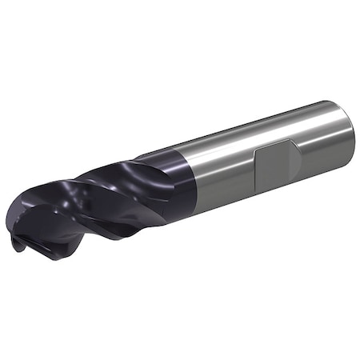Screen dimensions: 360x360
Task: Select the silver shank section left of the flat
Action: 224,172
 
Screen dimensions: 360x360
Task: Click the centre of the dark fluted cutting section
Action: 96,200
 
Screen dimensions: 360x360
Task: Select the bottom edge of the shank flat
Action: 276,184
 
